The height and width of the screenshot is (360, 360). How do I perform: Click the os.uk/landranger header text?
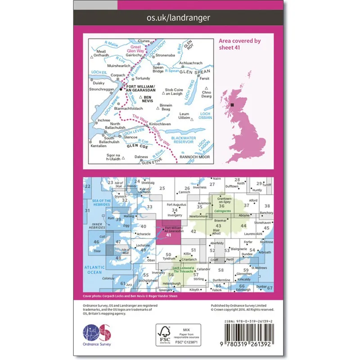179,18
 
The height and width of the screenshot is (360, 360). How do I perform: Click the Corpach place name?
117,75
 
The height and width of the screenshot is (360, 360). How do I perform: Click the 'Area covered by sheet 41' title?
239,44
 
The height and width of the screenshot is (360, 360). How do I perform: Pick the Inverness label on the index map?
200,188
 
